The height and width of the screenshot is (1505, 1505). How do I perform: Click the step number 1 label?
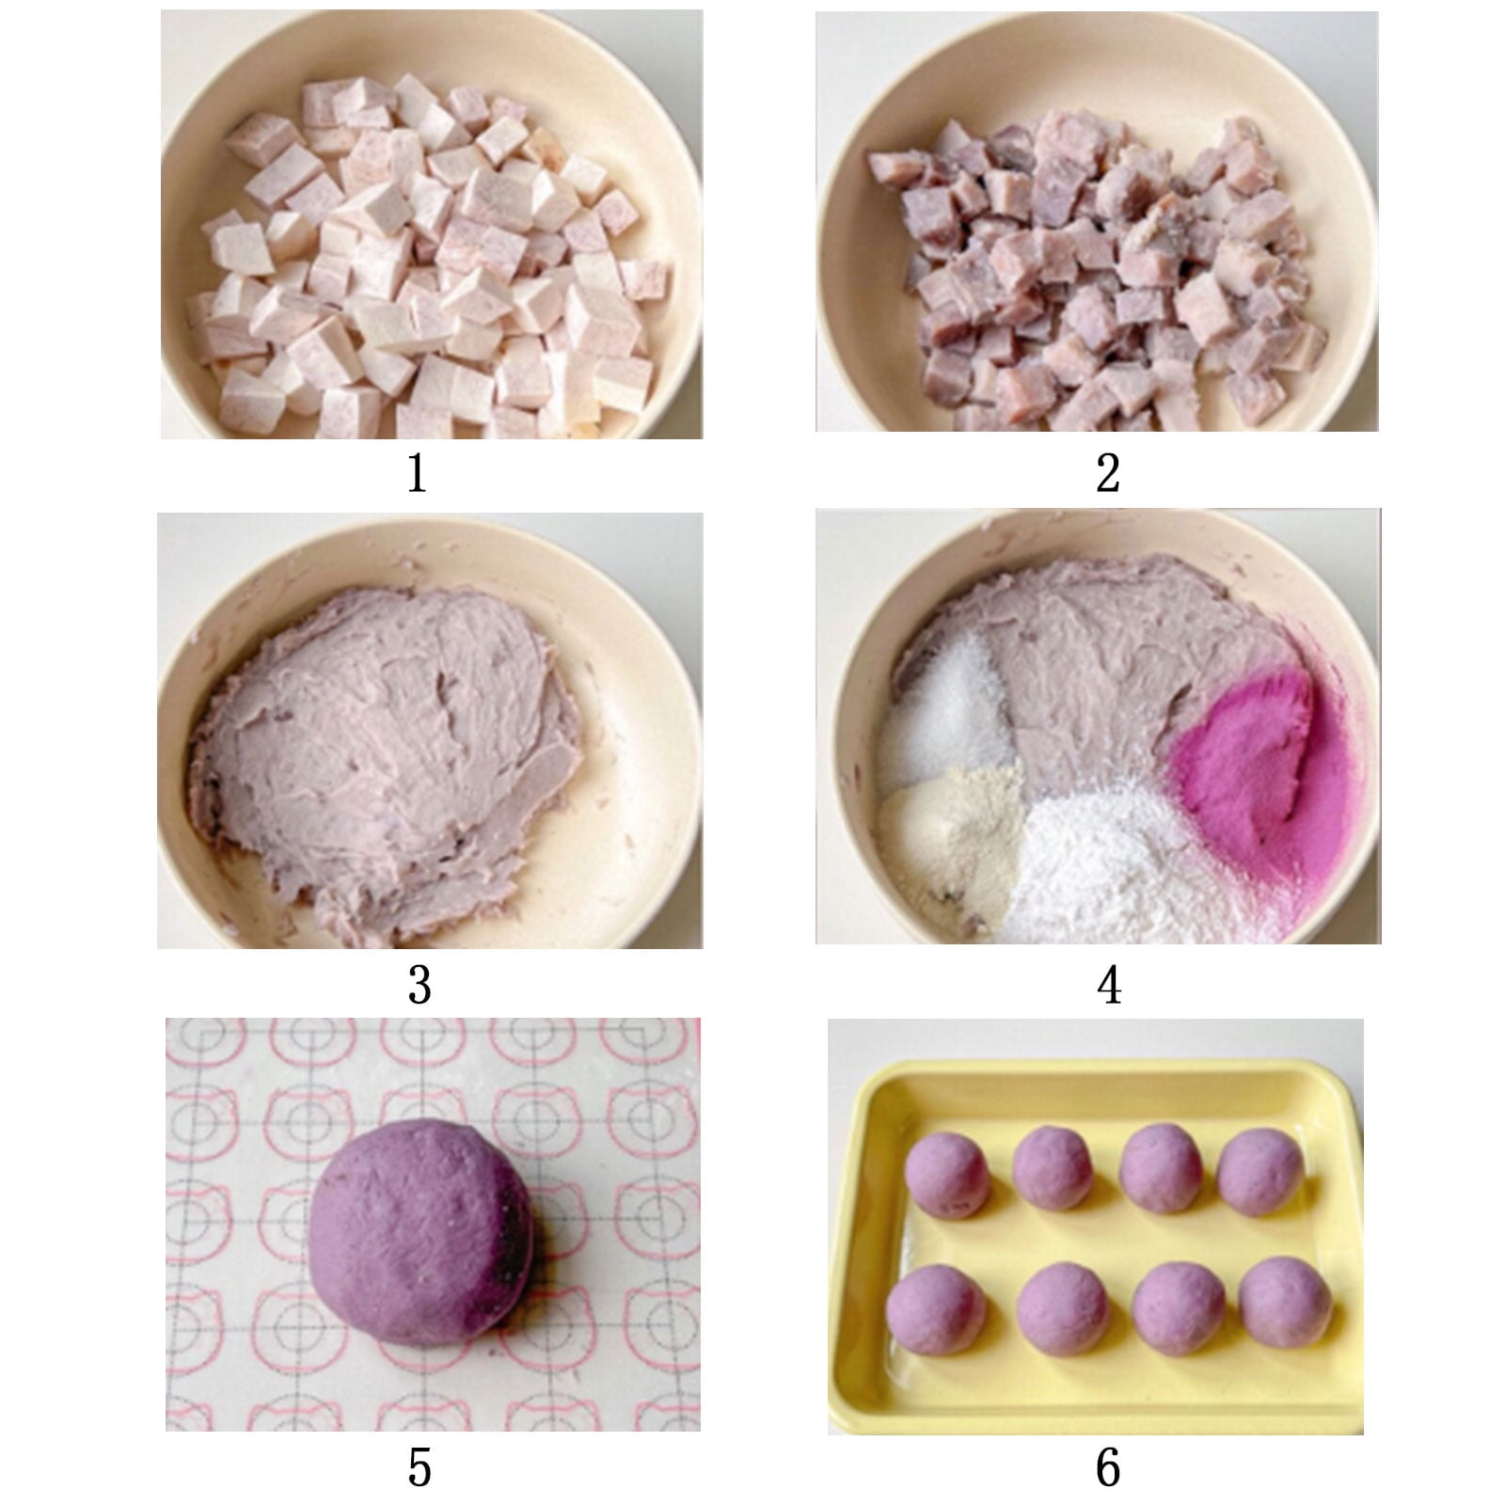tap(418, 473)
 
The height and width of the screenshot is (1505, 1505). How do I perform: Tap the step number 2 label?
tap(1108, 473)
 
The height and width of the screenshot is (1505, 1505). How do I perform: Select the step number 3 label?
tap(420, 986)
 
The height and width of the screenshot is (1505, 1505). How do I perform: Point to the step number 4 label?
tap(1109, 986)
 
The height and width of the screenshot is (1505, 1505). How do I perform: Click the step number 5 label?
tap(420, 1466)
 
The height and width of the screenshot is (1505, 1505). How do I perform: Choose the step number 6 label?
tap(1108, 1466)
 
